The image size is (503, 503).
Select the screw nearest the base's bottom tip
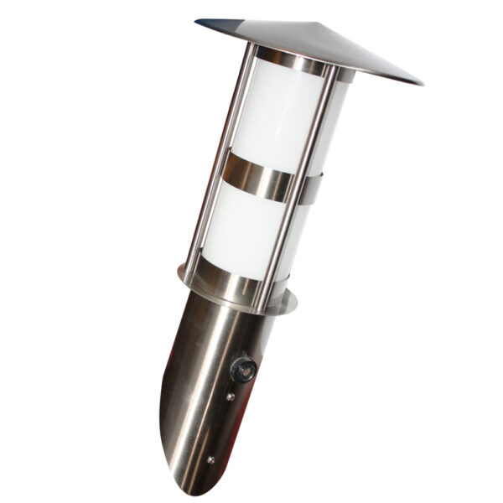(x=210, y=459)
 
